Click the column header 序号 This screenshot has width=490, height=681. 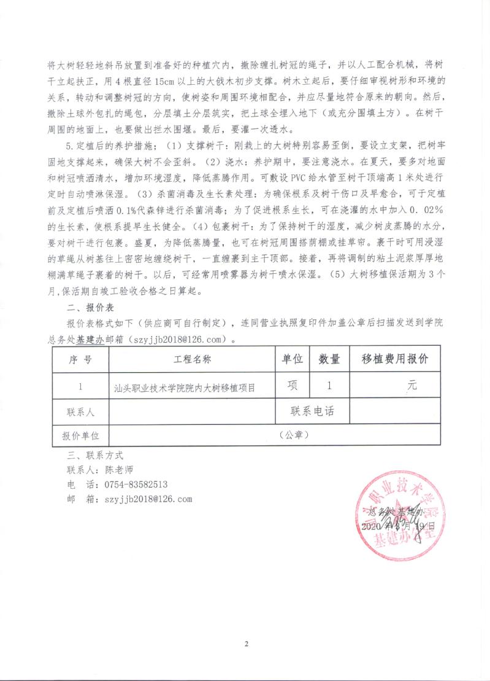[x=80, y=360]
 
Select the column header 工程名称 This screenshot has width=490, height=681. [x=193, y=360]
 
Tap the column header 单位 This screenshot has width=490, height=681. [x=293, y=360]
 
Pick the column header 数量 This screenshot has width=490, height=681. [x=330, y=360]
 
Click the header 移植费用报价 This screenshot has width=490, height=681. [x=395, y=360]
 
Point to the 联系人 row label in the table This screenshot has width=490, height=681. [x=80, y=412]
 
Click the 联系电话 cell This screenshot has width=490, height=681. [x=313, y=412]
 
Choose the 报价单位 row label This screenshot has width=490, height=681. [x=80, y=435]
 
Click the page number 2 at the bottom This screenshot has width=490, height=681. [x=245, y=644]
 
